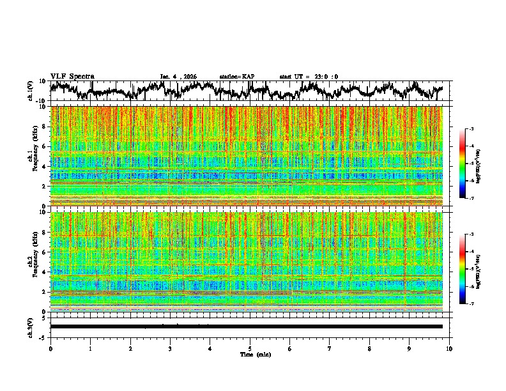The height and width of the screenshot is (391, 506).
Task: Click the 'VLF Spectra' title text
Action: (x=71, y=76)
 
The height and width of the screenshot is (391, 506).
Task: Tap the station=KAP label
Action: (x=236, y=77)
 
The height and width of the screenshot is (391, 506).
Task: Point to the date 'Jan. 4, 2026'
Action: (x=178, y=77)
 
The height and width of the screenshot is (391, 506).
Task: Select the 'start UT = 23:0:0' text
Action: (x=309, y=77)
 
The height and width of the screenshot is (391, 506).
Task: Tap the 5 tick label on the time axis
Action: (x=250, y=348)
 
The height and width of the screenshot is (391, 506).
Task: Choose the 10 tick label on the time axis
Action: (x=449, y=348)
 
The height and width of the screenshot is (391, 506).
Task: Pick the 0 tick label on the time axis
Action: (x=50, y=348)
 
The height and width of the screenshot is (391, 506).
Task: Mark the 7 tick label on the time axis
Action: (x=330, y=348)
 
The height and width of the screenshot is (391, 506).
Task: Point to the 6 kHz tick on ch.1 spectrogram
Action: (x=43, y=146)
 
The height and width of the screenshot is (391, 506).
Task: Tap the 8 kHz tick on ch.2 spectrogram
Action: (x=43, y=233)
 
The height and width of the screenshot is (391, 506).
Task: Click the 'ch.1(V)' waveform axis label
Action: (x=30, y=91)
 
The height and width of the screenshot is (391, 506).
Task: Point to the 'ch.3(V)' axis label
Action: (x=30, y=326)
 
